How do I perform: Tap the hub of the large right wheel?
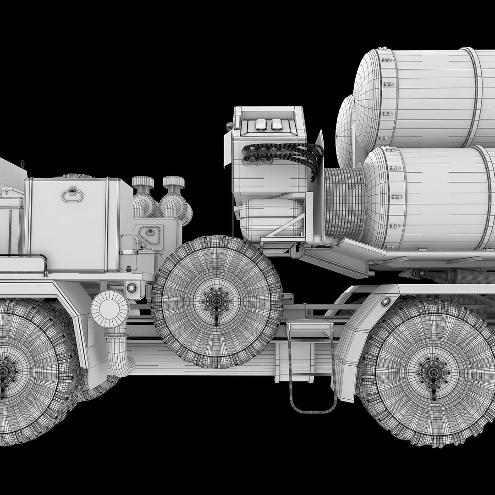click(x=433, y=372)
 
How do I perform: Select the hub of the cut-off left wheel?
click(x=4, y=370)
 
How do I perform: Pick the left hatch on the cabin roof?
click(x=261, y=124)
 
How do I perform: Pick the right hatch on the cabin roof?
click(x=276, y=124)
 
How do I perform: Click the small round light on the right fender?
click(x=385, y=301)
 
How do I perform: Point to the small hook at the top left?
click(x=22, y=163)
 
